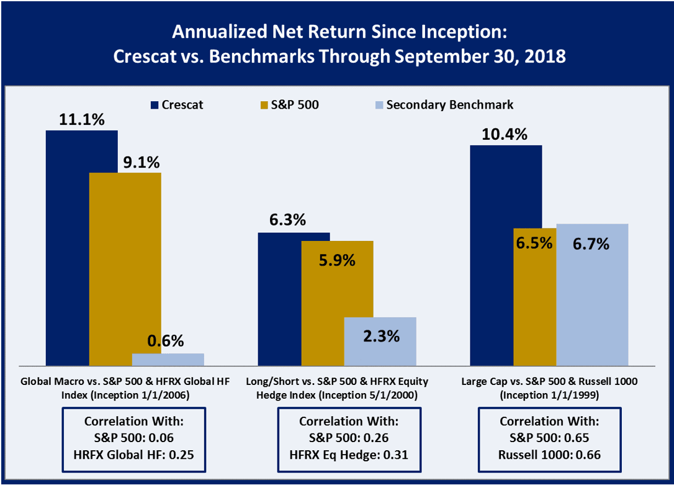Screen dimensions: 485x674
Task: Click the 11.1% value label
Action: pos(81,120)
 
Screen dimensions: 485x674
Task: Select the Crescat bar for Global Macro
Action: pos(68,248)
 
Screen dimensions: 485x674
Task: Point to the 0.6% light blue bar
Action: pos(168,359)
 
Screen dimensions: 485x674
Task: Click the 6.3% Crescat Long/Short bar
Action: pos(280,299)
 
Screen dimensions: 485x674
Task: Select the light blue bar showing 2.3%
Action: pos(380,341)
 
